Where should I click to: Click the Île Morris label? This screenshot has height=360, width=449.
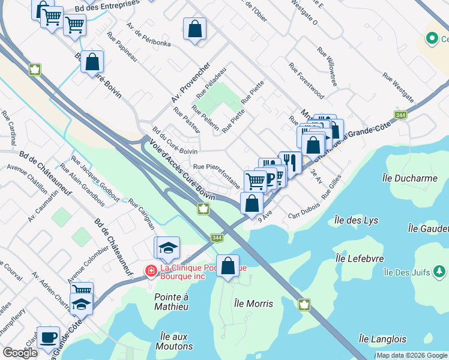(x=253, y=304)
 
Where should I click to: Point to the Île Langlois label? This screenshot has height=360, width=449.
(x=382, y=339)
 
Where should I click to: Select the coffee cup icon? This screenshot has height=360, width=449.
(x=48, y=337)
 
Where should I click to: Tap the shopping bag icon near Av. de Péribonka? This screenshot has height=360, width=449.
(x=194, y=28)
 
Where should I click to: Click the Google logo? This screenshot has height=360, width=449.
(x=20, y=353)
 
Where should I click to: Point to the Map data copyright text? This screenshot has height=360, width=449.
(x=412, y=355)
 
